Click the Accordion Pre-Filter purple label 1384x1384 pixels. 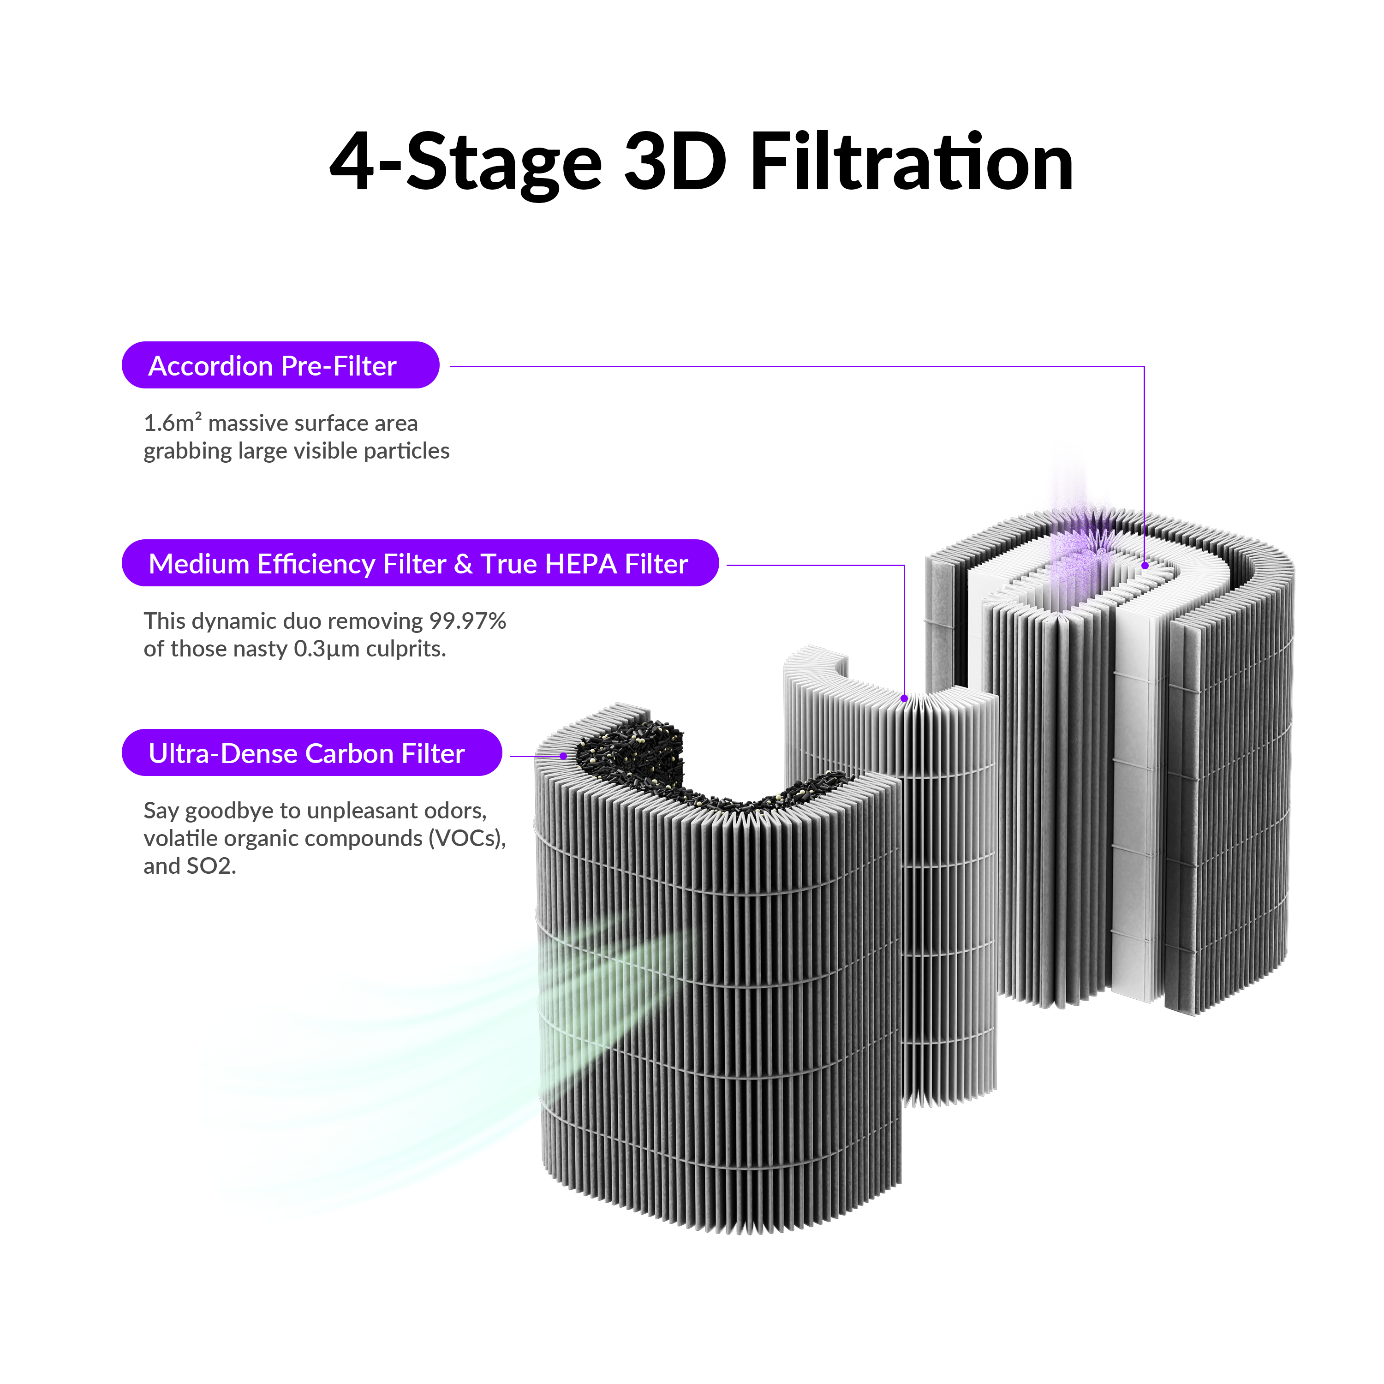(x=280, y=365)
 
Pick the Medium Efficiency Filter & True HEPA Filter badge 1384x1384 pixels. (x=420, y=563)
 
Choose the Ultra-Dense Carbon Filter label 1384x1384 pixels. (x=311, y=752)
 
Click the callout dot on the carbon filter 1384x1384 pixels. (x=564, y=756)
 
